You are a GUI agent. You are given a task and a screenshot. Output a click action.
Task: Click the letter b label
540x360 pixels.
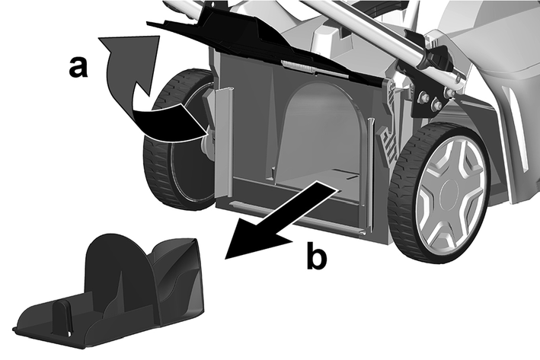(x=317, y=256)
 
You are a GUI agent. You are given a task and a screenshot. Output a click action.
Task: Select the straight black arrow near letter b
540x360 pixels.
(x=281, y=220)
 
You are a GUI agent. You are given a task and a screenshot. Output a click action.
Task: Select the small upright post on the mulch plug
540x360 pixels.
(x=62, y=317)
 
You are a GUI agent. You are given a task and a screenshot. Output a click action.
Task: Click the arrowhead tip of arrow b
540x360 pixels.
(x=225, y=258)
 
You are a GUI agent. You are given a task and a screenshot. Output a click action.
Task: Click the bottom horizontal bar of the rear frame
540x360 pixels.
(x=296, y=215)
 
